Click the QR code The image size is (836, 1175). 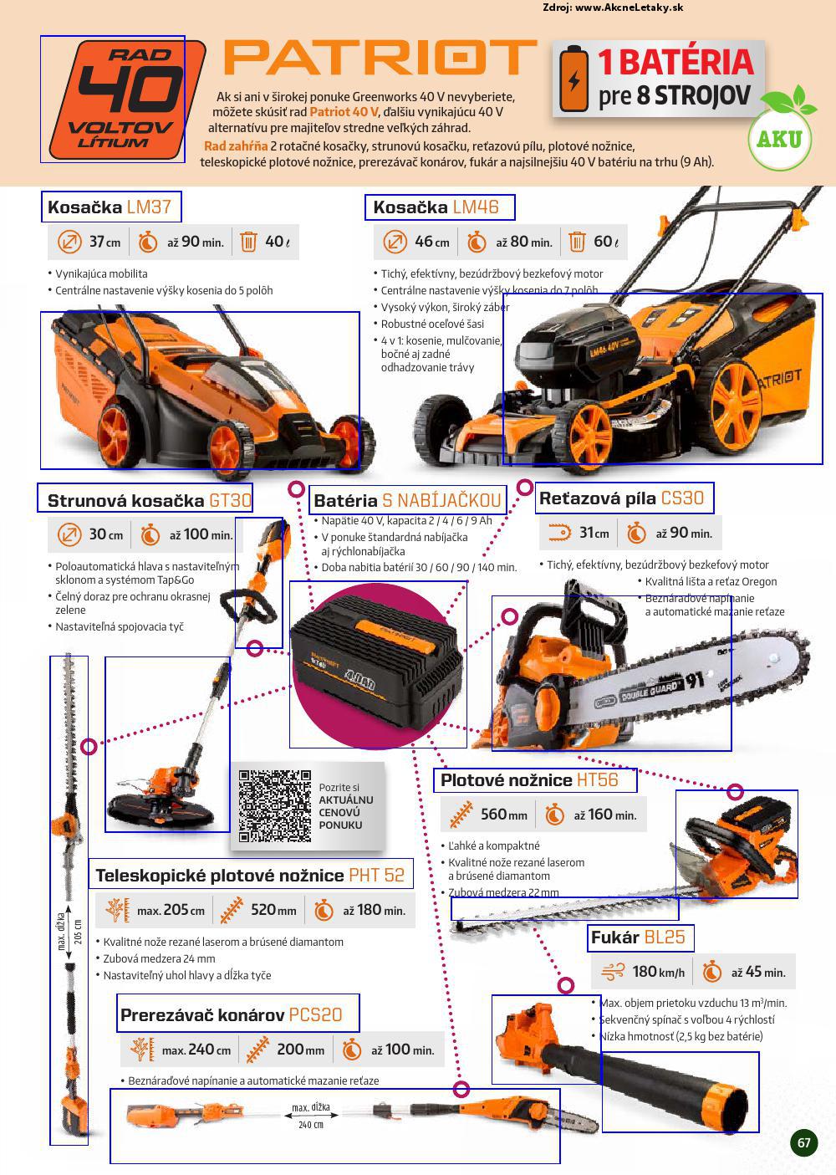[275, 806]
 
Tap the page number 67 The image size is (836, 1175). [804, 1142]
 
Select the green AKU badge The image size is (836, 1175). [780, 138]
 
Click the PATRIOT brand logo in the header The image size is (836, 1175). [380, 57]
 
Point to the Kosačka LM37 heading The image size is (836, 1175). [110, 207]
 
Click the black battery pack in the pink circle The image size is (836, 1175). [376, 667]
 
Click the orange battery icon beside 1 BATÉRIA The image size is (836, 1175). [574, 78]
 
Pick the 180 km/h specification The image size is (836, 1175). [658, 972]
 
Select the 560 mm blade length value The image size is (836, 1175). [503, 814]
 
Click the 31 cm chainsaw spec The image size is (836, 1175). [594, 533]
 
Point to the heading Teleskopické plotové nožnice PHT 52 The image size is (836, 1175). [250, 876]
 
